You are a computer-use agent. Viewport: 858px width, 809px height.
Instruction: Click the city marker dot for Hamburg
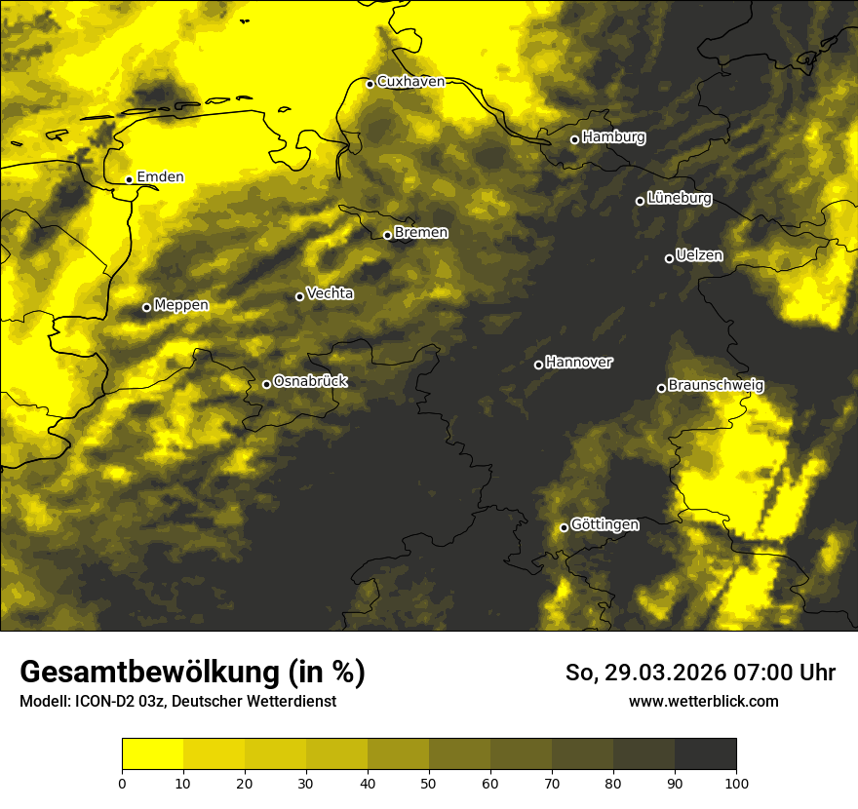click(574, 139)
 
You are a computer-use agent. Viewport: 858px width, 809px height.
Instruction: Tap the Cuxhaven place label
click(410, 82)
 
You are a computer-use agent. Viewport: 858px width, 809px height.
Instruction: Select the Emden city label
click(160, 177)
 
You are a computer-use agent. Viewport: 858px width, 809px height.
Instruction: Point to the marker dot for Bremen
click(387, 235)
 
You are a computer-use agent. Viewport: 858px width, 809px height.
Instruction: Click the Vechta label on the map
click(330, 293)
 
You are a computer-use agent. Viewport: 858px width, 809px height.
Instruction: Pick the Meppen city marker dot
click(146, 307)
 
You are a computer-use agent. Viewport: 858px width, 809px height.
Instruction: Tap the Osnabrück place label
click(310, 382)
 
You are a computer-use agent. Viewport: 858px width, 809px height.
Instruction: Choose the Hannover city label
click(579, 363)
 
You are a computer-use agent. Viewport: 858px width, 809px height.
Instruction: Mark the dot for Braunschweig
click(661, 388)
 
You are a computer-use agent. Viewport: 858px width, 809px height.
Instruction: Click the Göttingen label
click(604, 525)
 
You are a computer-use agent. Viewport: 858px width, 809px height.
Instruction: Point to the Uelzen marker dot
click(669, 258)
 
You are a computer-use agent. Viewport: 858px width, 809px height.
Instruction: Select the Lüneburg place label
click(679, 199)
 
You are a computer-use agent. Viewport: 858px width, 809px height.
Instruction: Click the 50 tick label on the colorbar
click(429, 783)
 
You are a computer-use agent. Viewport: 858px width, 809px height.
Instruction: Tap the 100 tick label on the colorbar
click(736, 783)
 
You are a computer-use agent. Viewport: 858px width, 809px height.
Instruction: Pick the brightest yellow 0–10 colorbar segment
click(152, 754)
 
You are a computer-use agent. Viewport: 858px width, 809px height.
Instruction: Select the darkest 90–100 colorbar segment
click(705, 754)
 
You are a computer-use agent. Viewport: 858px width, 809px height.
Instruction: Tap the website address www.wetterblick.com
click(703, 701)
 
